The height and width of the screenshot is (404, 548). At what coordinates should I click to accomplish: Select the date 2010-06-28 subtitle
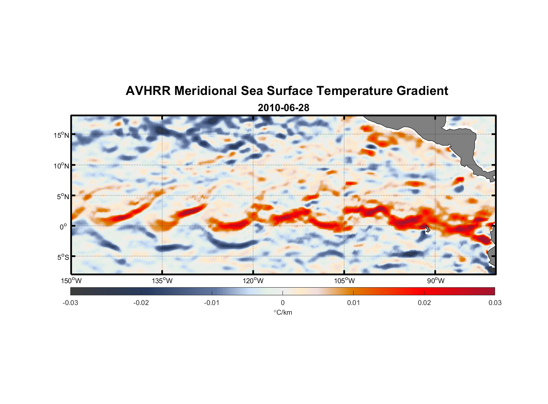pyautogui.click(x=283, y=108)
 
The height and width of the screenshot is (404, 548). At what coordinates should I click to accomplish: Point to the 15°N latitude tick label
pyautogui.click(x=61, y=135)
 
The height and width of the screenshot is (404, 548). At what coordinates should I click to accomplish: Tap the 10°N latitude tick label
pyautogui.click(x=61, y=166)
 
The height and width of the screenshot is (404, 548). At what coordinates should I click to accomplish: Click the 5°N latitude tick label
pyautogui.click(x=63, y=197)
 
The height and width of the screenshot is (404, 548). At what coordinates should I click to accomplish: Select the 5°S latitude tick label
pyautogui.click(x=63, y=257)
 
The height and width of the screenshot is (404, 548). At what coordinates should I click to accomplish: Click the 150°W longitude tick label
pyautogui.click(x=72, y=281)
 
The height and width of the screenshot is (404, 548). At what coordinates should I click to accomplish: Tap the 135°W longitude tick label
pyautogui.click(x=162, y=281)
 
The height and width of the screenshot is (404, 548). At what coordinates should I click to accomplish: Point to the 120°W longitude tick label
pyautogui.click(x=253, y=281)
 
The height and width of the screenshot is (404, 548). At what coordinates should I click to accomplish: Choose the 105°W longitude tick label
pyautogui.click(x=344, y=281)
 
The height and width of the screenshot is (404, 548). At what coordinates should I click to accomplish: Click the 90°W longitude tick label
pyautogui.click(x=436, y=281)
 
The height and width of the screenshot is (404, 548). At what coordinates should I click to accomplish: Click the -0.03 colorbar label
pyautogui.click(x=70, y=303)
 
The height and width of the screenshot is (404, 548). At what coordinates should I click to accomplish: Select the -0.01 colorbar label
pyautogui.click(x=212, y=303)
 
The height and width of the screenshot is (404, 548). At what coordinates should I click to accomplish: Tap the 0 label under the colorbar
pyautogui.click(x=282, y=303)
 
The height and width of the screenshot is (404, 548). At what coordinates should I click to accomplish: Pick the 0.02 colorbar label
pyautogui.click(x=424, y=303)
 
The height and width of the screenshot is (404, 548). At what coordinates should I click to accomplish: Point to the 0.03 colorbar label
pyautogui.click(x=495, y=303)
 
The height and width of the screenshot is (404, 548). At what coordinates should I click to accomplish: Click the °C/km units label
pyautogui.click(x=283, y=313)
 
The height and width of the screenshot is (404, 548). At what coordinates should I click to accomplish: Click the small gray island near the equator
pyautogui.click(x=428, y=229)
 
